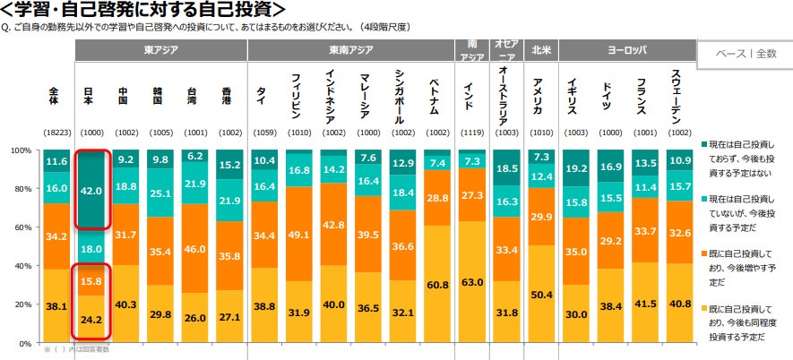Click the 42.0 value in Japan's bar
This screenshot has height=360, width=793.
click(93, 190)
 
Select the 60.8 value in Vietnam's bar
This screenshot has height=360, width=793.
click(439, 285)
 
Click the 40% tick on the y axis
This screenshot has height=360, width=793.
click(22, 266)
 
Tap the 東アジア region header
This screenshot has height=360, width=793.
click(161, 51)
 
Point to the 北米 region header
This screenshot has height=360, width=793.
click(539, 51)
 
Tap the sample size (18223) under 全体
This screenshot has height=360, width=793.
click(57, 133)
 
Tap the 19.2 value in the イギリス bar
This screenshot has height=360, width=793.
click(577, 167)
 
